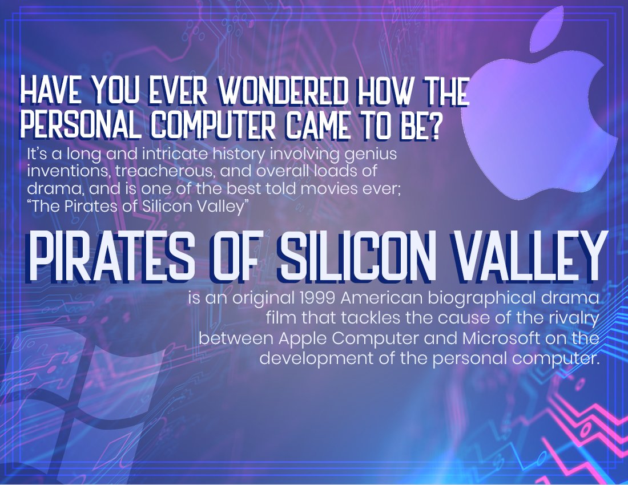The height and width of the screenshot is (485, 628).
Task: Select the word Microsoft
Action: tap(501, 338)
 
